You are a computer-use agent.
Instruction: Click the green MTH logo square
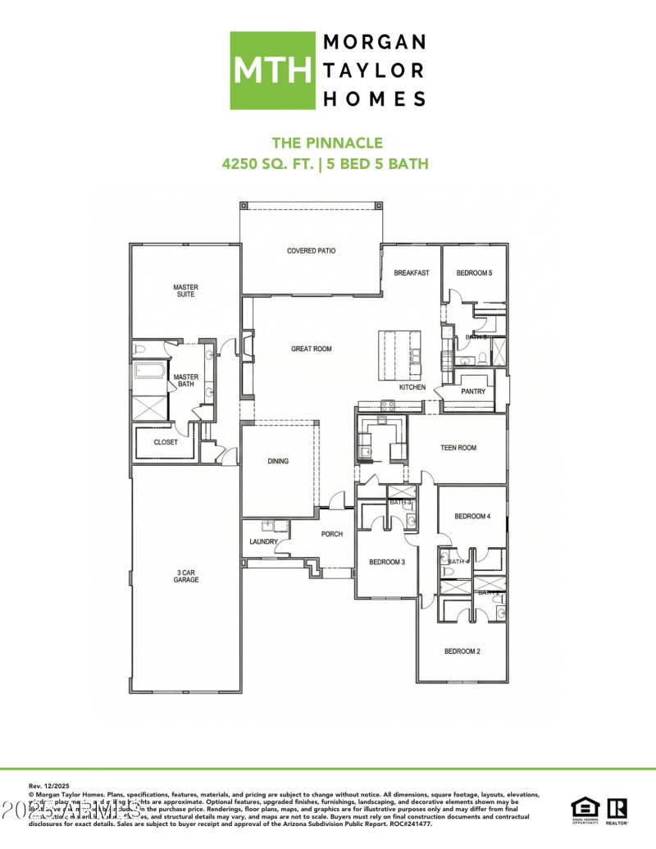[x=272, y=71]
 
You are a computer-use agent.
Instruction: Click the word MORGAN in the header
[x=376, y=42]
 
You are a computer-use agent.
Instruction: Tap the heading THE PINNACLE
[x=327, y=144]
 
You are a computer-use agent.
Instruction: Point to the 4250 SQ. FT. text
[x=269, y=164]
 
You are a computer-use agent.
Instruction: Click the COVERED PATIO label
[x=312, y=251]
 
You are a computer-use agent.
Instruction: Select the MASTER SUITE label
[x=185, y=290]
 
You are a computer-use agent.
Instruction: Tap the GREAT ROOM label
[x=312, y=349]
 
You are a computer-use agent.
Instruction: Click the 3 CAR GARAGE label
[x=185, y=575]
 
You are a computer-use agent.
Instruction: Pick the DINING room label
[x=278, y=461]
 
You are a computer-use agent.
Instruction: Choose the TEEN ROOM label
[x=458, y=448]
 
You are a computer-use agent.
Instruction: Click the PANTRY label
[x=473, y=391]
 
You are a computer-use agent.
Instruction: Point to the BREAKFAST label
[x=411, y=273]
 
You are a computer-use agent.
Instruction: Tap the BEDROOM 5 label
[x=474, y=273]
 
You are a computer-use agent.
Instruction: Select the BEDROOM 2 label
[x=462, y=651]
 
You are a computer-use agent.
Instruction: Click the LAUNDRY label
[x=264, y=542]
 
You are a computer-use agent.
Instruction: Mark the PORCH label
[x=331, y=534]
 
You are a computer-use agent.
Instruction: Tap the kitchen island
[x=399, y=354]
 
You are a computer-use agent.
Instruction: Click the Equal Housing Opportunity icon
[x=585, y=808]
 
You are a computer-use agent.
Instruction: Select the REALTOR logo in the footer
[x=617, y=808]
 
